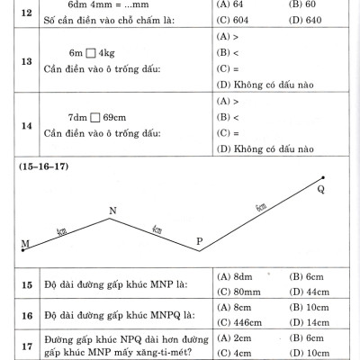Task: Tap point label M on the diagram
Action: tap(24, 245)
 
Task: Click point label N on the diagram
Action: tap(112, 211)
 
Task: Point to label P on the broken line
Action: tap(199, 243)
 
